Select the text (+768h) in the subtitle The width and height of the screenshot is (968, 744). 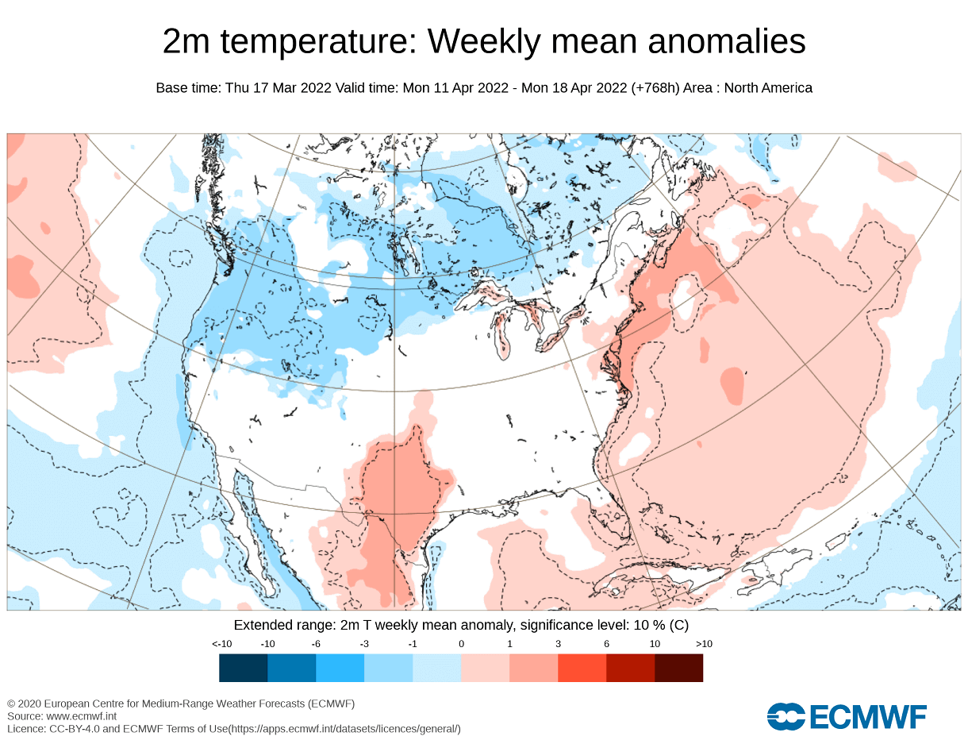[655, 88]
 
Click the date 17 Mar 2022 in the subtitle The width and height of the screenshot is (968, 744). [292, 88]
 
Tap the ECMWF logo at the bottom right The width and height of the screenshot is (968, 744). [847, 716]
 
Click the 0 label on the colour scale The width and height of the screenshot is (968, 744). [461, 643]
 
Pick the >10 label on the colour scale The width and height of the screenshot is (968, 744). [704, 643]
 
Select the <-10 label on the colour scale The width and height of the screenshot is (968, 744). [221, 643]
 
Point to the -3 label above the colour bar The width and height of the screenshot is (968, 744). [364, 643]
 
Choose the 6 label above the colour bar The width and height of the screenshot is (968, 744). [606, 643]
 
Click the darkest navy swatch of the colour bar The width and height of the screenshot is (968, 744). [244, 668]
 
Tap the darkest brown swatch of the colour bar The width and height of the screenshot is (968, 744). [678, 668]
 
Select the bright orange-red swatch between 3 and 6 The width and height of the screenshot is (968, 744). [582, 668]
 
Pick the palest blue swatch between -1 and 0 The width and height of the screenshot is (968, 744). [436, 668]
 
